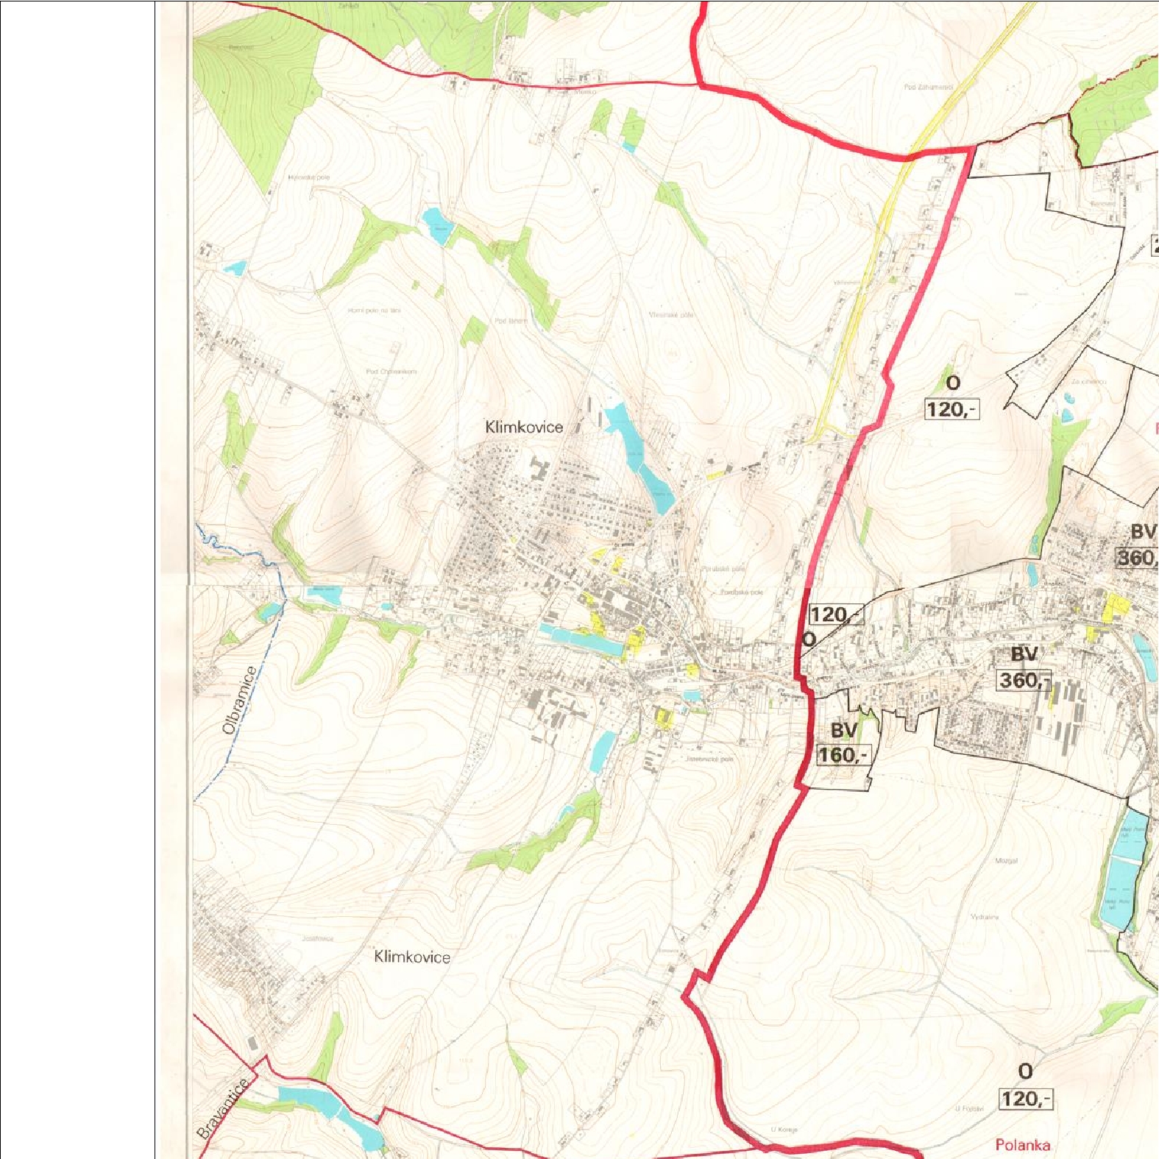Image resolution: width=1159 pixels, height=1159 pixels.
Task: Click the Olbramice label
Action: pos(240,700)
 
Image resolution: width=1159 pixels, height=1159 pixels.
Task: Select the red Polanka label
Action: pos(1022,1144)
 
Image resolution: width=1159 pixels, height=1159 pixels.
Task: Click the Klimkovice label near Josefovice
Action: pos(412,957)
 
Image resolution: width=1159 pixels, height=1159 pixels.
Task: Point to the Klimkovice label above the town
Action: pos(524,427)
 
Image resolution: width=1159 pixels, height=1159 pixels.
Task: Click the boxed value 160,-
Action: pos(843,755)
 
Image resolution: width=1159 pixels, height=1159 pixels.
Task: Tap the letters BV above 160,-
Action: pos(844,730)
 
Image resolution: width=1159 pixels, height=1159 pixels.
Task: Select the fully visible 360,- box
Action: pos(1024,680)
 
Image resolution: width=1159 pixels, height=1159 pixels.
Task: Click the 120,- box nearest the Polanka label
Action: pos(1026,1099)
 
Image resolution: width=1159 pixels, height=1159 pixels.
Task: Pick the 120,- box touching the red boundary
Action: pos(835,614)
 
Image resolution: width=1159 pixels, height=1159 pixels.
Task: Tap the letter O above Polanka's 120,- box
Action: pos(1025,1071)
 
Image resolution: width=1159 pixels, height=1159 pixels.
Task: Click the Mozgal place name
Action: pos(1006,860)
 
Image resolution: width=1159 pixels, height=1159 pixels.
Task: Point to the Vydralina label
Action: pos(985,917)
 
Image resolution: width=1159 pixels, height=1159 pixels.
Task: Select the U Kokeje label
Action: pos(784,1129)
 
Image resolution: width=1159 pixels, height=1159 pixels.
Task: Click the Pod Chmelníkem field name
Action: pos(391,371)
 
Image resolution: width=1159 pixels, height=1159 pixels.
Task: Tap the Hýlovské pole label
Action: pos(309,177)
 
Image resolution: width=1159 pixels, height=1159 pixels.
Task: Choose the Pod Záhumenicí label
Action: pos(929,87)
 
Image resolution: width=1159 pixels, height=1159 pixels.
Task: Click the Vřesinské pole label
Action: pos(671,315)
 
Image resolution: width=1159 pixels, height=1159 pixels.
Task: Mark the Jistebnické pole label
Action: pos(709,759)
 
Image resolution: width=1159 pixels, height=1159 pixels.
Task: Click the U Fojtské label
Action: pos(969,1108)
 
